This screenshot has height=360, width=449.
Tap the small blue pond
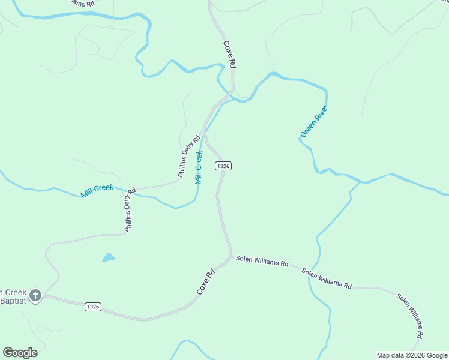109,258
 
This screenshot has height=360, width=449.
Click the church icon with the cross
35,295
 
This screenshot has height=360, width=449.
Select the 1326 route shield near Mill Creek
223,166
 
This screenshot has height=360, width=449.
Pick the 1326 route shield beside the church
92,307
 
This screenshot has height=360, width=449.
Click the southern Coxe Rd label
206,282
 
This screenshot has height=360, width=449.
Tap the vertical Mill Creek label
199,168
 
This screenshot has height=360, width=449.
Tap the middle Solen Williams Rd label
327,280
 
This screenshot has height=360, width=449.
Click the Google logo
20,353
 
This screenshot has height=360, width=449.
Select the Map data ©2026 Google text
412,355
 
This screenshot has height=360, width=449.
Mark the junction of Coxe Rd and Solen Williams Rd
231,257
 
